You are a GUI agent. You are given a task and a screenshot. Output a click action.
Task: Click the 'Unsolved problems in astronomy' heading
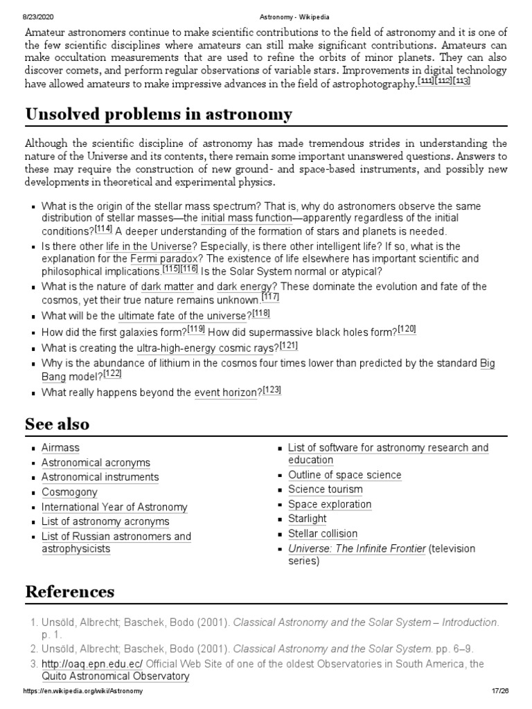click(x=159, y=114)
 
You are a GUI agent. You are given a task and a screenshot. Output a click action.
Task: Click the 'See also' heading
click(x=57, y=423)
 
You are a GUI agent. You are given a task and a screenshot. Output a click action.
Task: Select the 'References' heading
click(x=70, y=592)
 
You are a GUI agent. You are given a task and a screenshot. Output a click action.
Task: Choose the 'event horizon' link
click(x=225, y=393)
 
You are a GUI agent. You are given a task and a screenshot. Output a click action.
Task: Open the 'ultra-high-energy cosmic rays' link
click(x=206, y=348)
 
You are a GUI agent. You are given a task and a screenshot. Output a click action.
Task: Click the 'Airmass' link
click(x=60, y=448)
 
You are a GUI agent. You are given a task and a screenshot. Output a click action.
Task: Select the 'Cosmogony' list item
click(x=69, y=492)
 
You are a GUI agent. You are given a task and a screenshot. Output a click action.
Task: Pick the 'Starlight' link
click(x=307, y=519)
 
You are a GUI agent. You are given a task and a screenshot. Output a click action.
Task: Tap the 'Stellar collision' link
click(x=323, y=534)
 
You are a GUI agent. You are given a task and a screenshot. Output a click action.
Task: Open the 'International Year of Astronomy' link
click(x=114, y=507)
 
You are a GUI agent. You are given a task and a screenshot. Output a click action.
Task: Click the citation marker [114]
click(x=104, y=229)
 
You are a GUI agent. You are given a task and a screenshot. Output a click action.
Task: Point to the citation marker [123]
click(x=272, y=391)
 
